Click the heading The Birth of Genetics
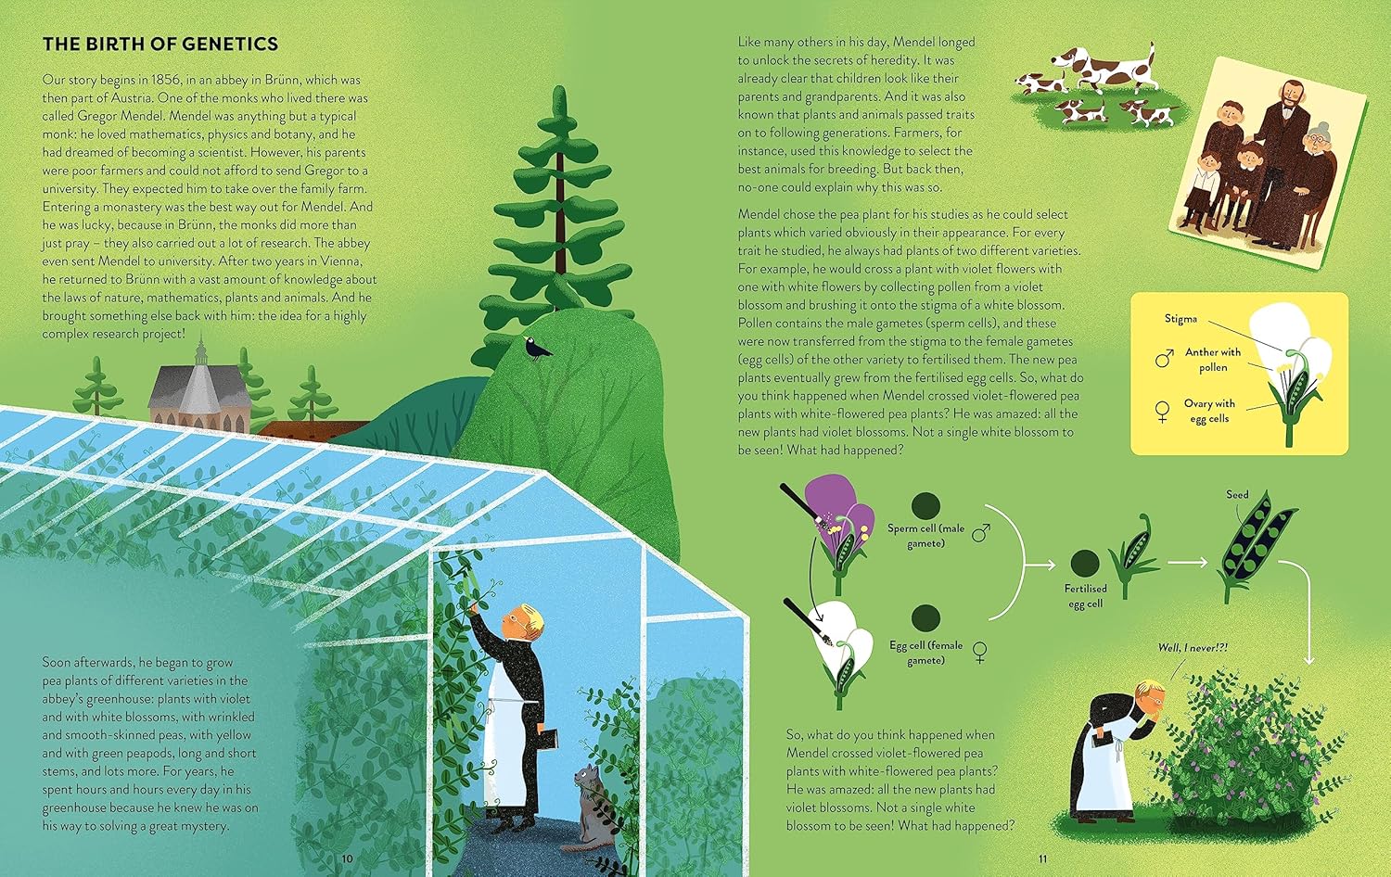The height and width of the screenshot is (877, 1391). coord(160,44)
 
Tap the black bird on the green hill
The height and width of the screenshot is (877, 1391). coord(536,349)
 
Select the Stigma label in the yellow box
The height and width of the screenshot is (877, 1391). coord(1180,319)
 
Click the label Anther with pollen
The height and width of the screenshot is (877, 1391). coord(1213,360)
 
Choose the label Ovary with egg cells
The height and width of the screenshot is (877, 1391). coord(1209,411)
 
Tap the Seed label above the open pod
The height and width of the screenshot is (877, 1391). coord(1237,495)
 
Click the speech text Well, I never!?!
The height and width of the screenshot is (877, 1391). coord(1193,647)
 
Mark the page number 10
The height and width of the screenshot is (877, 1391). coord(347,858)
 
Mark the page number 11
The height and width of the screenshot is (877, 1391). coord(1042,858)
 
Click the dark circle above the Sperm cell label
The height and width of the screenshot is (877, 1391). coord(925,505)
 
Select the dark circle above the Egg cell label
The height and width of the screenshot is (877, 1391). coord(925,617)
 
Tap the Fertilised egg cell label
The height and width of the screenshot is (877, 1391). coord(1085,596)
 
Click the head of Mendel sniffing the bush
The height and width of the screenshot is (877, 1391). coord(1148,698)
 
